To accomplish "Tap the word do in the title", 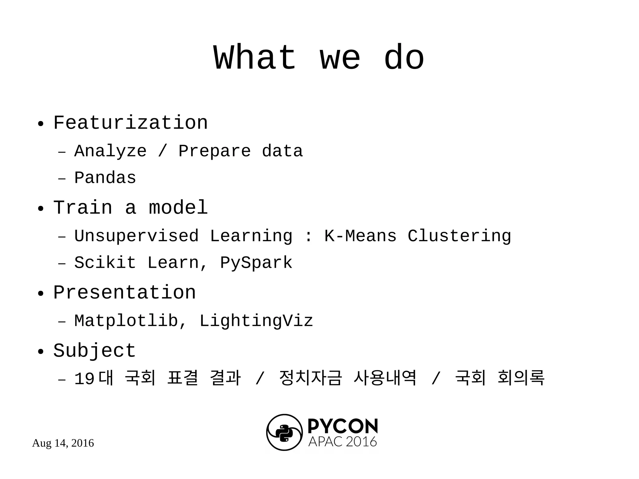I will pos(404,58).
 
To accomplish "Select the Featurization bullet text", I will pos(130,123).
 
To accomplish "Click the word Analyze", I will pos(110,151).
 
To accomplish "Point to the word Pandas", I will pos(105,178).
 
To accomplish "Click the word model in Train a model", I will pos(178,208).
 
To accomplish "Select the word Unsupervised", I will pos(136,236).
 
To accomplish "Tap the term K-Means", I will pos(360,236).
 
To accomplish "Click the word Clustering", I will pos(459,236).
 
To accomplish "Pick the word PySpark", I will pos(256,263).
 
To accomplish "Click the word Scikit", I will pos(105,263).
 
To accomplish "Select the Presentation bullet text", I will pos(124,293).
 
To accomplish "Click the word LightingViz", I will pos(256,321).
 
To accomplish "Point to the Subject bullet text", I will pos(95,351).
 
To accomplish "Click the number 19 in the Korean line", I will pos(84,379).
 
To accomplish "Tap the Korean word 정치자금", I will pos(310,378).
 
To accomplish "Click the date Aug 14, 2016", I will pos(63,443).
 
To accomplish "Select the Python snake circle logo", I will pos(284,433).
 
